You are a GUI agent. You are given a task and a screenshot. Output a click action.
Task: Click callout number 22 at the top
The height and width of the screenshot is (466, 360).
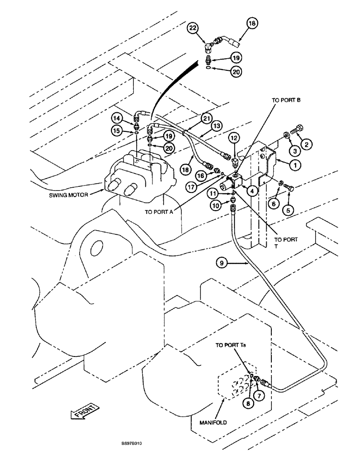pyautogui.click(x=192, y=29)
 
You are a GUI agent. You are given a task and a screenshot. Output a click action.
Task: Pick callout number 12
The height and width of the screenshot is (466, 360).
pyautogui.click(x=235, y=139)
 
